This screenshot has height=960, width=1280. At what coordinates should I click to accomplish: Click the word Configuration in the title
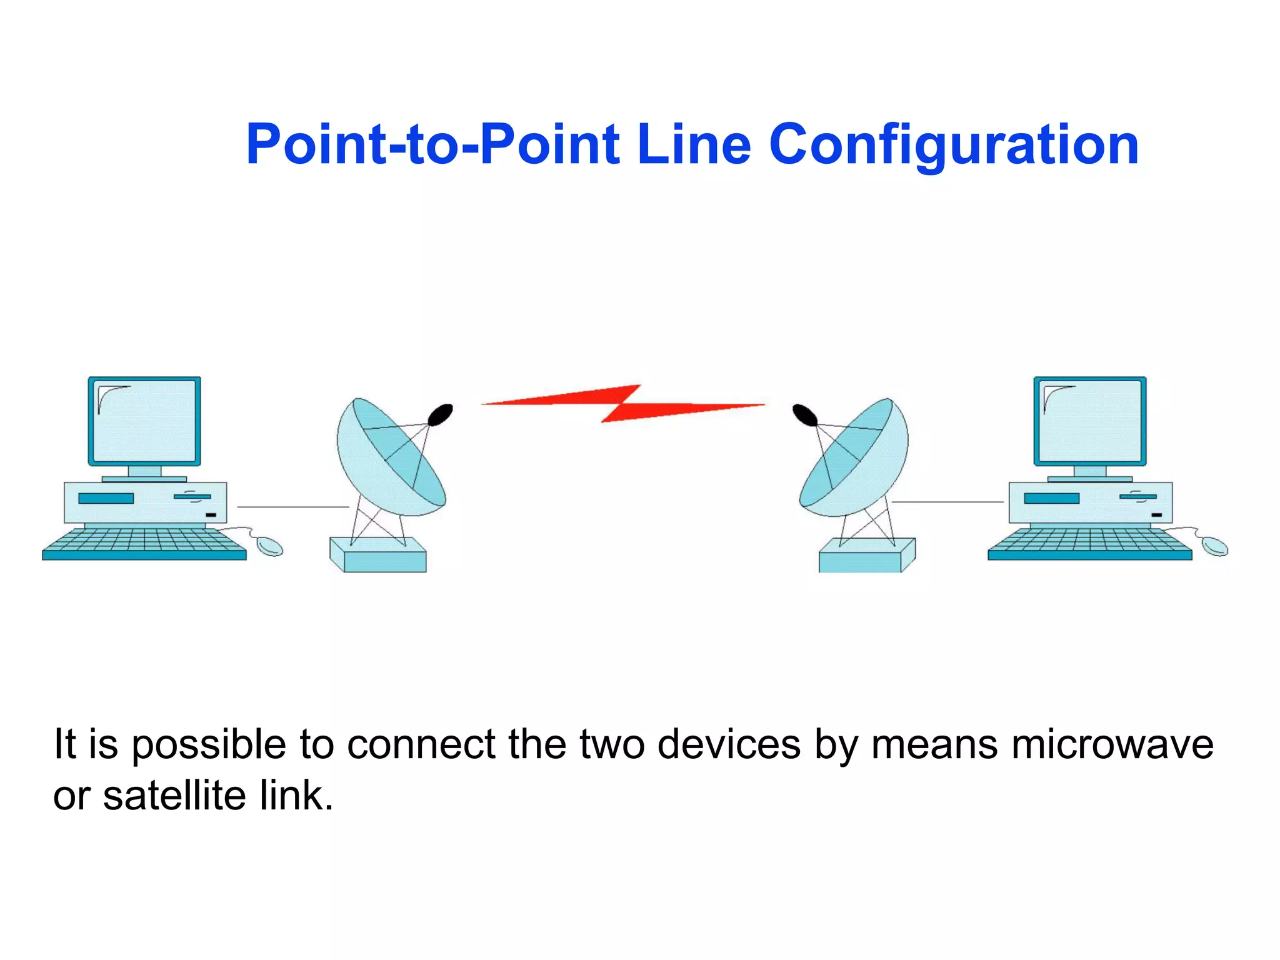(x=954, y=145)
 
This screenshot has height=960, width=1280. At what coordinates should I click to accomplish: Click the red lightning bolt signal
(x=622, y=404)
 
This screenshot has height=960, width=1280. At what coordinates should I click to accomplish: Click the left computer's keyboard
(x=144, y=542)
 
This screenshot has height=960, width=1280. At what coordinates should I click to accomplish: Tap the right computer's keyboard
(x=1090, y=542)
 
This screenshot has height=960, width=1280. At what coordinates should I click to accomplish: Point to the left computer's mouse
(x=271, y=546)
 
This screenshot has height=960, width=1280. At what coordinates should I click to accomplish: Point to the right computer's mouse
(x=1215, y=546)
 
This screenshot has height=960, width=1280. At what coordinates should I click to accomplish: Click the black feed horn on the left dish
(x=441, y=414)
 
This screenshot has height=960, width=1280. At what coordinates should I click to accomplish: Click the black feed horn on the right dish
(x=804, y=414)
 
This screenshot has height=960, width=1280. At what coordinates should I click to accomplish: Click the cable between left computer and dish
(x=292, y=507)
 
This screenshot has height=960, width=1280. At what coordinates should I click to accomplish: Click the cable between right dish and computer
(x=947, y=501)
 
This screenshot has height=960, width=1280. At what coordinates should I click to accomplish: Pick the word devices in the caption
(x=729, y=744)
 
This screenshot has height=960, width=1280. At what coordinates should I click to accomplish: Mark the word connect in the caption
(x=421, y=744)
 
